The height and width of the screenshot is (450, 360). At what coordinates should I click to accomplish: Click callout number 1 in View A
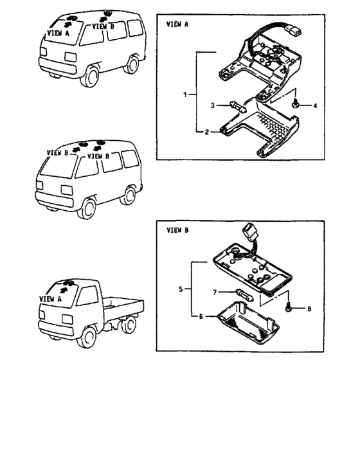[185, 94]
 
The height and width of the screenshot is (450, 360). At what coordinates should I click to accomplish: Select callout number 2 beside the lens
[207, 132]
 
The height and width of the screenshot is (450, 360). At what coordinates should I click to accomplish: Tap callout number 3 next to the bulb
[212, 105]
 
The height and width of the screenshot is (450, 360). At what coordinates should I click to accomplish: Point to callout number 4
[315, 106]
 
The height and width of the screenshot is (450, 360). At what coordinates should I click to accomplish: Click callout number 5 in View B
[181, 289]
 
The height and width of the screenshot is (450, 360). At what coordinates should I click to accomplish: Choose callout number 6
[201, 316]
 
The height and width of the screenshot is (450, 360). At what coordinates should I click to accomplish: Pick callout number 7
[215, 292]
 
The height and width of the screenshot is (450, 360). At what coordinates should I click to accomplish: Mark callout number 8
[309, 309]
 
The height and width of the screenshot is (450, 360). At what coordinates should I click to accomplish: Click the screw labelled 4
[295, 104]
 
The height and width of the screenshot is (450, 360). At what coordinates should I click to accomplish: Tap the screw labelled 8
[288, 308]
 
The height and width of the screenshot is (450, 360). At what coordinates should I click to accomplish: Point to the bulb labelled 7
[244, 295]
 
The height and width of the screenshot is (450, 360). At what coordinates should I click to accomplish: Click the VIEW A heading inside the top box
[177, 24]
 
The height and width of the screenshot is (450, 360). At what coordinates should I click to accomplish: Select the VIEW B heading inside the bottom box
[177, 230]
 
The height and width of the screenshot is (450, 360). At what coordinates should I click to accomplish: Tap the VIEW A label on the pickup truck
[51, 299]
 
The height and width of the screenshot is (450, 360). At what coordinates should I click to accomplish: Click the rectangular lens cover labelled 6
[248, 323]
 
